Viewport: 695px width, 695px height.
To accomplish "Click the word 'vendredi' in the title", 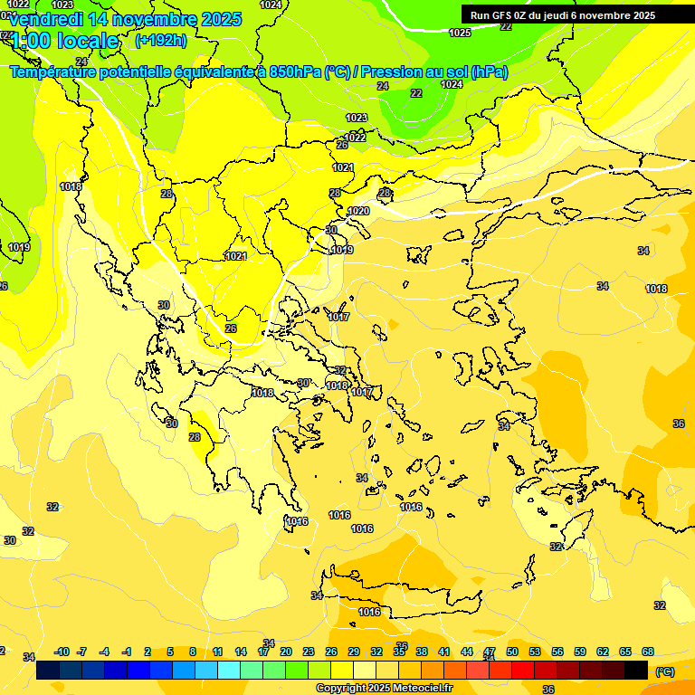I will coord(50,19).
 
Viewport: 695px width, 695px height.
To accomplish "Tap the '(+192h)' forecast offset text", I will coord(160,41).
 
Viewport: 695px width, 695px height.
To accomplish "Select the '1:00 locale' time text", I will coord(63,41).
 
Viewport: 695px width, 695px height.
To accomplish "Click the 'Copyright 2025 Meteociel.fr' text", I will coord(384,689).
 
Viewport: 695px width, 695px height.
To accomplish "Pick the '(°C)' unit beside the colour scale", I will coord(664,671).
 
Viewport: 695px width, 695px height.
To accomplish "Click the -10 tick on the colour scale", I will coord(62,652).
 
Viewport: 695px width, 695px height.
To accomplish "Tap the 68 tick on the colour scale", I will coord(648,652).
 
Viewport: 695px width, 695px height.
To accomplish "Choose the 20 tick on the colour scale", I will coord(285,652).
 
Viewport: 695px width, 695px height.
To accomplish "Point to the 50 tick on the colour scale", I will coord(512,652).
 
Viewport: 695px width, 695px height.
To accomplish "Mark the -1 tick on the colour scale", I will coord(127,652).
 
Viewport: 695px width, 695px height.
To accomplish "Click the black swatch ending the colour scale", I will coord(636,671).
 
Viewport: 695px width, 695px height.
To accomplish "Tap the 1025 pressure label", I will coord(460,33).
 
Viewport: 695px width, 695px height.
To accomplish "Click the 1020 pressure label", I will coord(358,211).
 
